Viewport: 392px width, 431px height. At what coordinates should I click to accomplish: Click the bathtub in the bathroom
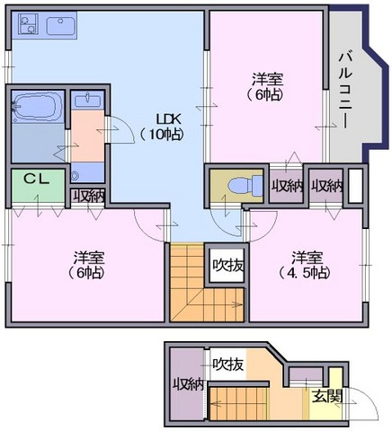point(37,107)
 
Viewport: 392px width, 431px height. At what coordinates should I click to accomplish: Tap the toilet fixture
point(245,186)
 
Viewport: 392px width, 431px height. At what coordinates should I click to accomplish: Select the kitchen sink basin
point(60,26)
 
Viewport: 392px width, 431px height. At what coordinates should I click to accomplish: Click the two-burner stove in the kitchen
point(27,23)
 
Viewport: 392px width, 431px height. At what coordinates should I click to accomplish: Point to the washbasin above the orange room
point(87,100)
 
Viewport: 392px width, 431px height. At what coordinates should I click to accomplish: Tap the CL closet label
point(37,179)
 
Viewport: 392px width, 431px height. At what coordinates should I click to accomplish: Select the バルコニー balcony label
point(344,91)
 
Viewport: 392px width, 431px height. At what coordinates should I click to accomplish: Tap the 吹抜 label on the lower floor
point(227,365)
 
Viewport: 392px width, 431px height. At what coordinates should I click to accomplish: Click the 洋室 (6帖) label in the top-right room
point(265,87)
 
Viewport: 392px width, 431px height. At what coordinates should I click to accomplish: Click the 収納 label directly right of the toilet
point(287,187)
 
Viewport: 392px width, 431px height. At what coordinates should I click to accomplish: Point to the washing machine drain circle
point(75,175)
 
